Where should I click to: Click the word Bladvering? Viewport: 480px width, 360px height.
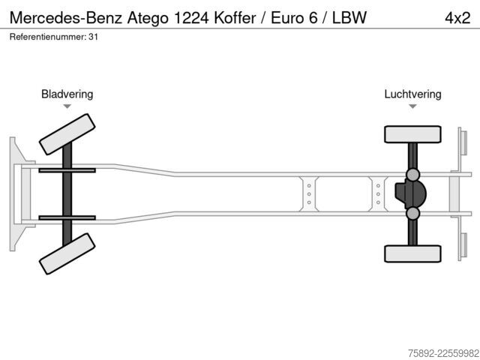(67, 94)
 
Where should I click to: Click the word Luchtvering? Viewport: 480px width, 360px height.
(412, 94)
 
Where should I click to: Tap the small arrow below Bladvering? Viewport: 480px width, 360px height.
(67, 106)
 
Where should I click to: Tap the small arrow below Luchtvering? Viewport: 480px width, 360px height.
(412, 106)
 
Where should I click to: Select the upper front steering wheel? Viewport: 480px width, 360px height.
(67, 134)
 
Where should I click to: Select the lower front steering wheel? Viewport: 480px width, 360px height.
(67, 253)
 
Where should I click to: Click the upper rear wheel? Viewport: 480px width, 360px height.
(412, 134)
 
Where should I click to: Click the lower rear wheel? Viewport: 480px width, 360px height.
(412, 253)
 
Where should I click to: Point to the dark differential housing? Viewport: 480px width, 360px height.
(410, 193)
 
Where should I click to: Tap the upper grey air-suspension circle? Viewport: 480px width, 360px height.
(412, 175)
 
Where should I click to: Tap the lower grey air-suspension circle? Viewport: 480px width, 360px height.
(412, 213)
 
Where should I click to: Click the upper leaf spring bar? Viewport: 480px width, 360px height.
(67, 170)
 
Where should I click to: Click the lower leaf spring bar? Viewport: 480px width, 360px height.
(67, 217)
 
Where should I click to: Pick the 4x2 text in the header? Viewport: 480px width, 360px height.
(457, 18)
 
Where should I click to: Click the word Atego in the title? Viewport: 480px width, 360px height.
(148, 18)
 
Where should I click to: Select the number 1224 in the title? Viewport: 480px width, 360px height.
(191, 18)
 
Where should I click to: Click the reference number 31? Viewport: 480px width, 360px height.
(93, 37)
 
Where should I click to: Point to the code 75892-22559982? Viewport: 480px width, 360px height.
(443, 353)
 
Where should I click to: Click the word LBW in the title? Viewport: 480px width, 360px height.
(349, 18)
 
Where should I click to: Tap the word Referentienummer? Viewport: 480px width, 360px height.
(48, 37)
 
